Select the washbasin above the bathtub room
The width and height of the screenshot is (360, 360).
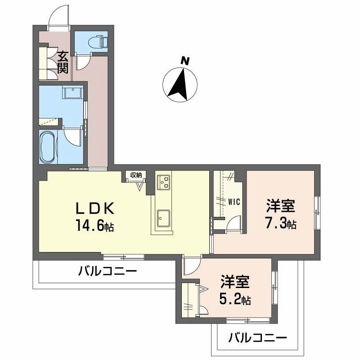[x=72, y=93]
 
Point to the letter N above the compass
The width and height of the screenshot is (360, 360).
[x=184, y=60]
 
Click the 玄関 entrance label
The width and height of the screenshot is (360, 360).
[x=63, y=63]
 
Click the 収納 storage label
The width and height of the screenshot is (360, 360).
[x=136, y=175]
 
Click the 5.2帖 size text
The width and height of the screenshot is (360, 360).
[x=235, y=299]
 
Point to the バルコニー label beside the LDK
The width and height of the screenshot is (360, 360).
[x=107, y=271]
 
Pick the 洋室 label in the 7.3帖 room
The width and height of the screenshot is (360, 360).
[x=280, y=207]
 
